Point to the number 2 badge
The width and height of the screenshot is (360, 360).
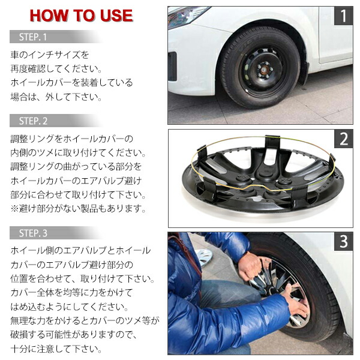pos(343,140)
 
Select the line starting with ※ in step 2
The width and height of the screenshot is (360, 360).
pos(78,208)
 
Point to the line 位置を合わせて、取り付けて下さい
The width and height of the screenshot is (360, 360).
pos(81,278)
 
